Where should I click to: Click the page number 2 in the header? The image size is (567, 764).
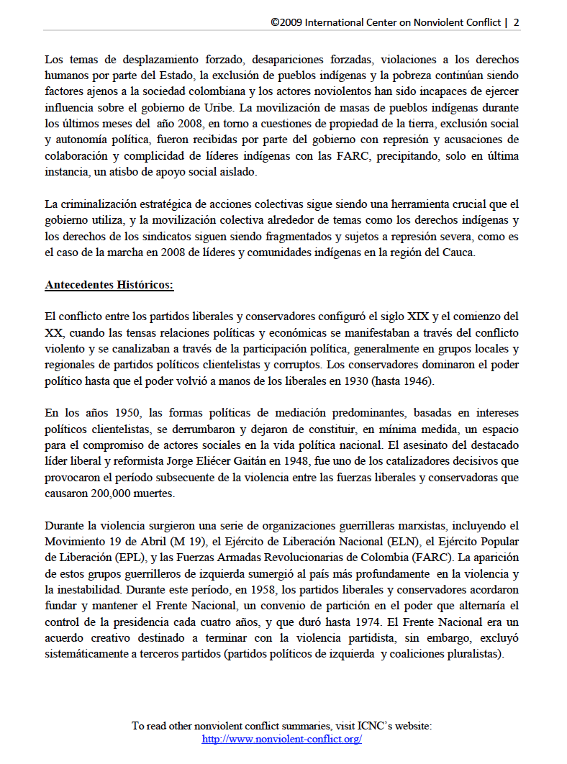516,22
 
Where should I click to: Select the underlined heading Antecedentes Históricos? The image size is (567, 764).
109,284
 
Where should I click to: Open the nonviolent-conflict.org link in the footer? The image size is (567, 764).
282,739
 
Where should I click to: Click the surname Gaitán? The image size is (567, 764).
317,462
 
